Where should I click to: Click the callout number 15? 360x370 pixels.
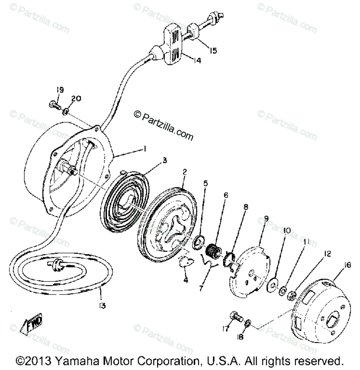pos(213,50)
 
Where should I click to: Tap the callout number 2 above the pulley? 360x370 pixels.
pos(184,173)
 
